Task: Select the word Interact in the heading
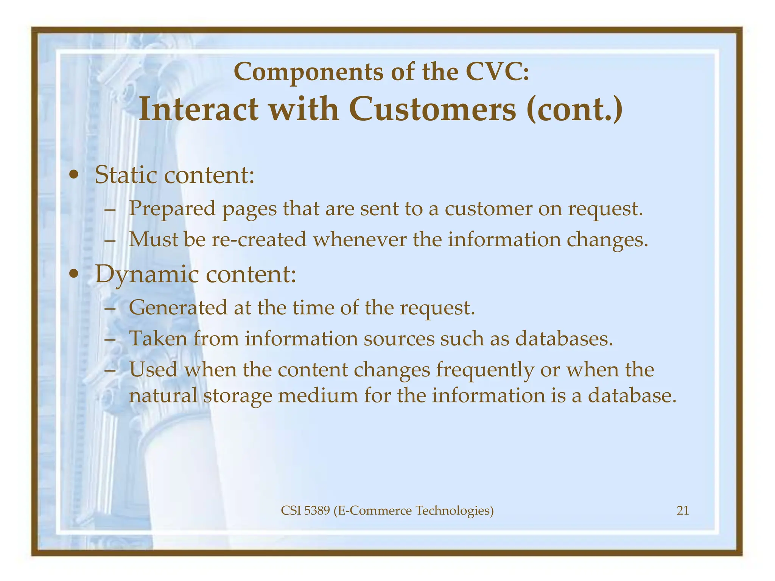click(x=199, y=110)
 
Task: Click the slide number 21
click(x=682, y=511)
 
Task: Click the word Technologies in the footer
click(x=454, y=511)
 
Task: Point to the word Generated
click(x=178, y=308)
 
